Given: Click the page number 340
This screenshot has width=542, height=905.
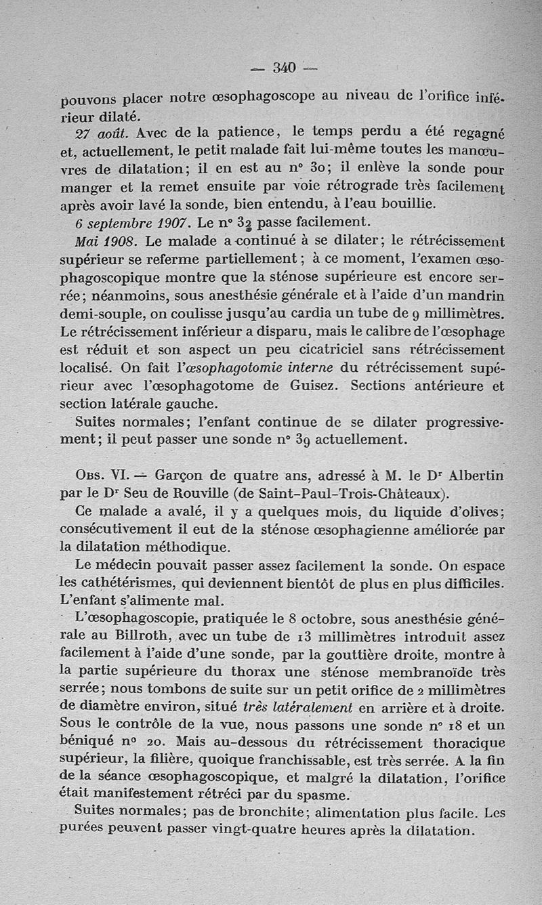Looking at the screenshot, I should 285,67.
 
